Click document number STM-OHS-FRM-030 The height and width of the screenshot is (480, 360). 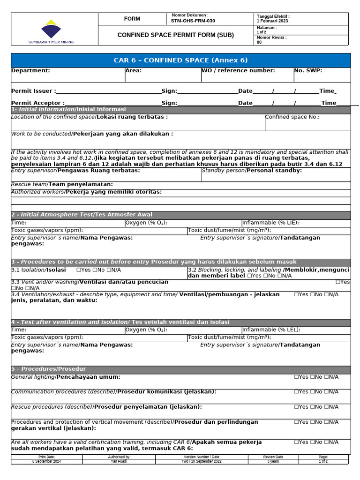(193, 21)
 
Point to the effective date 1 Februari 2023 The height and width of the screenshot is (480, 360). (272, 21)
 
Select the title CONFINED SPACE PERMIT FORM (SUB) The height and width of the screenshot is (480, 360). (175, 35)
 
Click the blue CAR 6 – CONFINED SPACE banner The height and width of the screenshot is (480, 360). (180, 60)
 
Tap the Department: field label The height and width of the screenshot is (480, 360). (30, 71)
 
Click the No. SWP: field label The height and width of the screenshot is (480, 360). (308, 71)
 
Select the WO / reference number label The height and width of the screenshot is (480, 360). (238, 71)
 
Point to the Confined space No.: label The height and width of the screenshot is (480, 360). (292, 117)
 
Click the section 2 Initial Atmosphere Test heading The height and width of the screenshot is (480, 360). (82, 215)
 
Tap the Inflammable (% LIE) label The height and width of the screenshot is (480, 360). (270, 223)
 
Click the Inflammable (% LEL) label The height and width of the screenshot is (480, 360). (271, 330)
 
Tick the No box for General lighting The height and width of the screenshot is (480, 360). (312, 377)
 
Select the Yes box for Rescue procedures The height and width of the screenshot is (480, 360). (297, 407)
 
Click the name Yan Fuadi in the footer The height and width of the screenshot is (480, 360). (119, 461)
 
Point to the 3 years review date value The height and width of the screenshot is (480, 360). (273, 461)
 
